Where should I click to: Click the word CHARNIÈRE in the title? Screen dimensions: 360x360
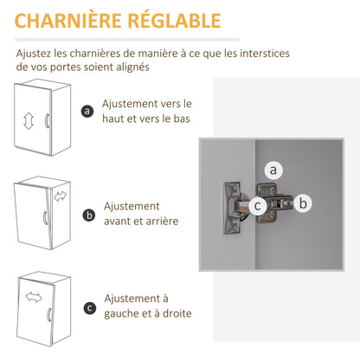[67, 21]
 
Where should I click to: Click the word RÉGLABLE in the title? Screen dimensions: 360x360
[174, 20]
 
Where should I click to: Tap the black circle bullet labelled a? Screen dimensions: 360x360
[87, 111]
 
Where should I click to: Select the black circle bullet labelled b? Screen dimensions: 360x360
[89, 215]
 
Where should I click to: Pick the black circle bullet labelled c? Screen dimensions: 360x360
[90, 308]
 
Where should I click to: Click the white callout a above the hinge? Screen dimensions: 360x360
[273, 170]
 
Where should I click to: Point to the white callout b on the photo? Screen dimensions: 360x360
[303, 203]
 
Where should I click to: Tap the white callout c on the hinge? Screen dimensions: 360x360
[257, 206]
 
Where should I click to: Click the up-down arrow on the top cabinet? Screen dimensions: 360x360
[29, 121]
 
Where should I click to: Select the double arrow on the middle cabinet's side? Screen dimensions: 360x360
[60, 196]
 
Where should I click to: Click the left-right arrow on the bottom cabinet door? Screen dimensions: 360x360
[34, 297]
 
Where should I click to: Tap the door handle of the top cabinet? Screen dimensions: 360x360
[47, 120]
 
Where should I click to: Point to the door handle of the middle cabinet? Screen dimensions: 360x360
[45, 218]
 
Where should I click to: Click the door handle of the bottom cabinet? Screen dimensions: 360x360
[49, 314]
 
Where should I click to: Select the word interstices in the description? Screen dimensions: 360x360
[265, 54]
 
